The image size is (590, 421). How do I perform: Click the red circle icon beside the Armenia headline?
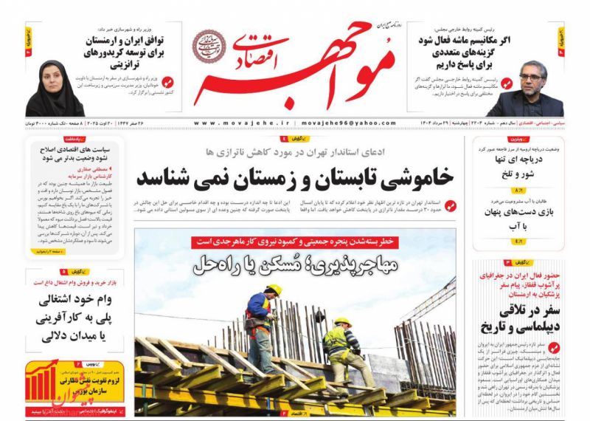[x=167, y=82]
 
